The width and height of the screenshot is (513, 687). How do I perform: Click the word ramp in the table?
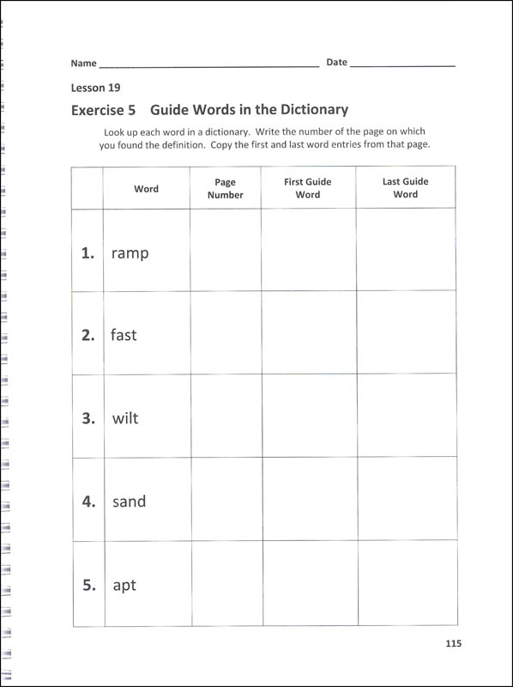tap(130, 253)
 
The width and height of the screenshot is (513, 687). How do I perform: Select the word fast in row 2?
tap(124, 336)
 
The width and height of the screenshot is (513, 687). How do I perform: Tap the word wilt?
tap(125, 419)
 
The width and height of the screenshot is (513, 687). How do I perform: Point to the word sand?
tap(129, 502)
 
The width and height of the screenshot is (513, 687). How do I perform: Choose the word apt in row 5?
tap(124, 586)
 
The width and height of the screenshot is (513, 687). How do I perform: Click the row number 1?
tap(88, 253)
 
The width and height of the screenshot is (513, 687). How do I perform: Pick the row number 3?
tap(88, 419)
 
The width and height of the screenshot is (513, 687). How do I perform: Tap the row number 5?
tap(88, 586)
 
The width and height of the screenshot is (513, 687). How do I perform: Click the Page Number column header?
tap(225, 188)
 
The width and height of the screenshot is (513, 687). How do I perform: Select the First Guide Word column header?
tap(308, 188)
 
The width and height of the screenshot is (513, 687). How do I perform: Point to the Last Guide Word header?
tap(405, 188)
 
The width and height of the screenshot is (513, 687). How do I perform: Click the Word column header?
tap(146, 189)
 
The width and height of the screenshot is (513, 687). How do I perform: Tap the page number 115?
tap(454, 644)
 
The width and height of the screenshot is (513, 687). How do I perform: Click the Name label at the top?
tap(83, 63)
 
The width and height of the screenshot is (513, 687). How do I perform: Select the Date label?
tap(336, 62)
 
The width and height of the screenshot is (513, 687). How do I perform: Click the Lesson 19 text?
tap(95, 88)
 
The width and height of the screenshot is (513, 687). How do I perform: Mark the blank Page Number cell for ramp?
tap(225, 251)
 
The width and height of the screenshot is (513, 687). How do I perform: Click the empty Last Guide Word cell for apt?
tap(405, 584)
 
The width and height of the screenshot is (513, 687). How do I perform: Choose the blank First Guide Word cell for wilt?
tap(308, 416)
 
